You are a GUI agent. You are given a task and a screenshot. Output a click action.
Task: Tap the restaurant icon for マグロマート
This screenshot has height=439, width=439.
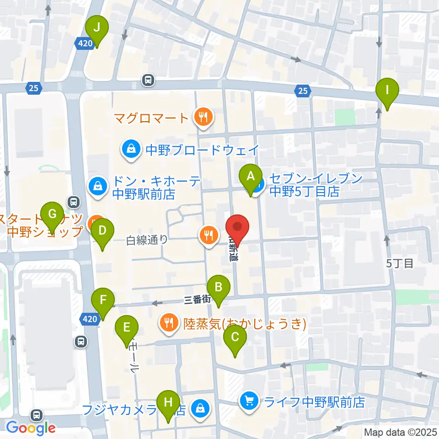pyautogui.click(x=202, y=118)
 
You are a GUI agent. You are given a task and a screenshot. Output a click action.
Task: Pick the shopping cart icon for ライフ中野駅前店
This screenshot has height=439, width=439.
pyautogui.click(x=249, y=402)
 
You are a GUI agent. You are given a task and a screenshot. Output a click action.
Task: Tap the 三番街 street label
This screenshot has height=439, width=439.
pyautogui.click(x=197, y=300)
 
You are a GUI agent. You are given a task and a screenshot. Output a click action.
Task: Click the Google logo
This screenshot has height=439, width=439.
pyautogui.click(x=31, y=428)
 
